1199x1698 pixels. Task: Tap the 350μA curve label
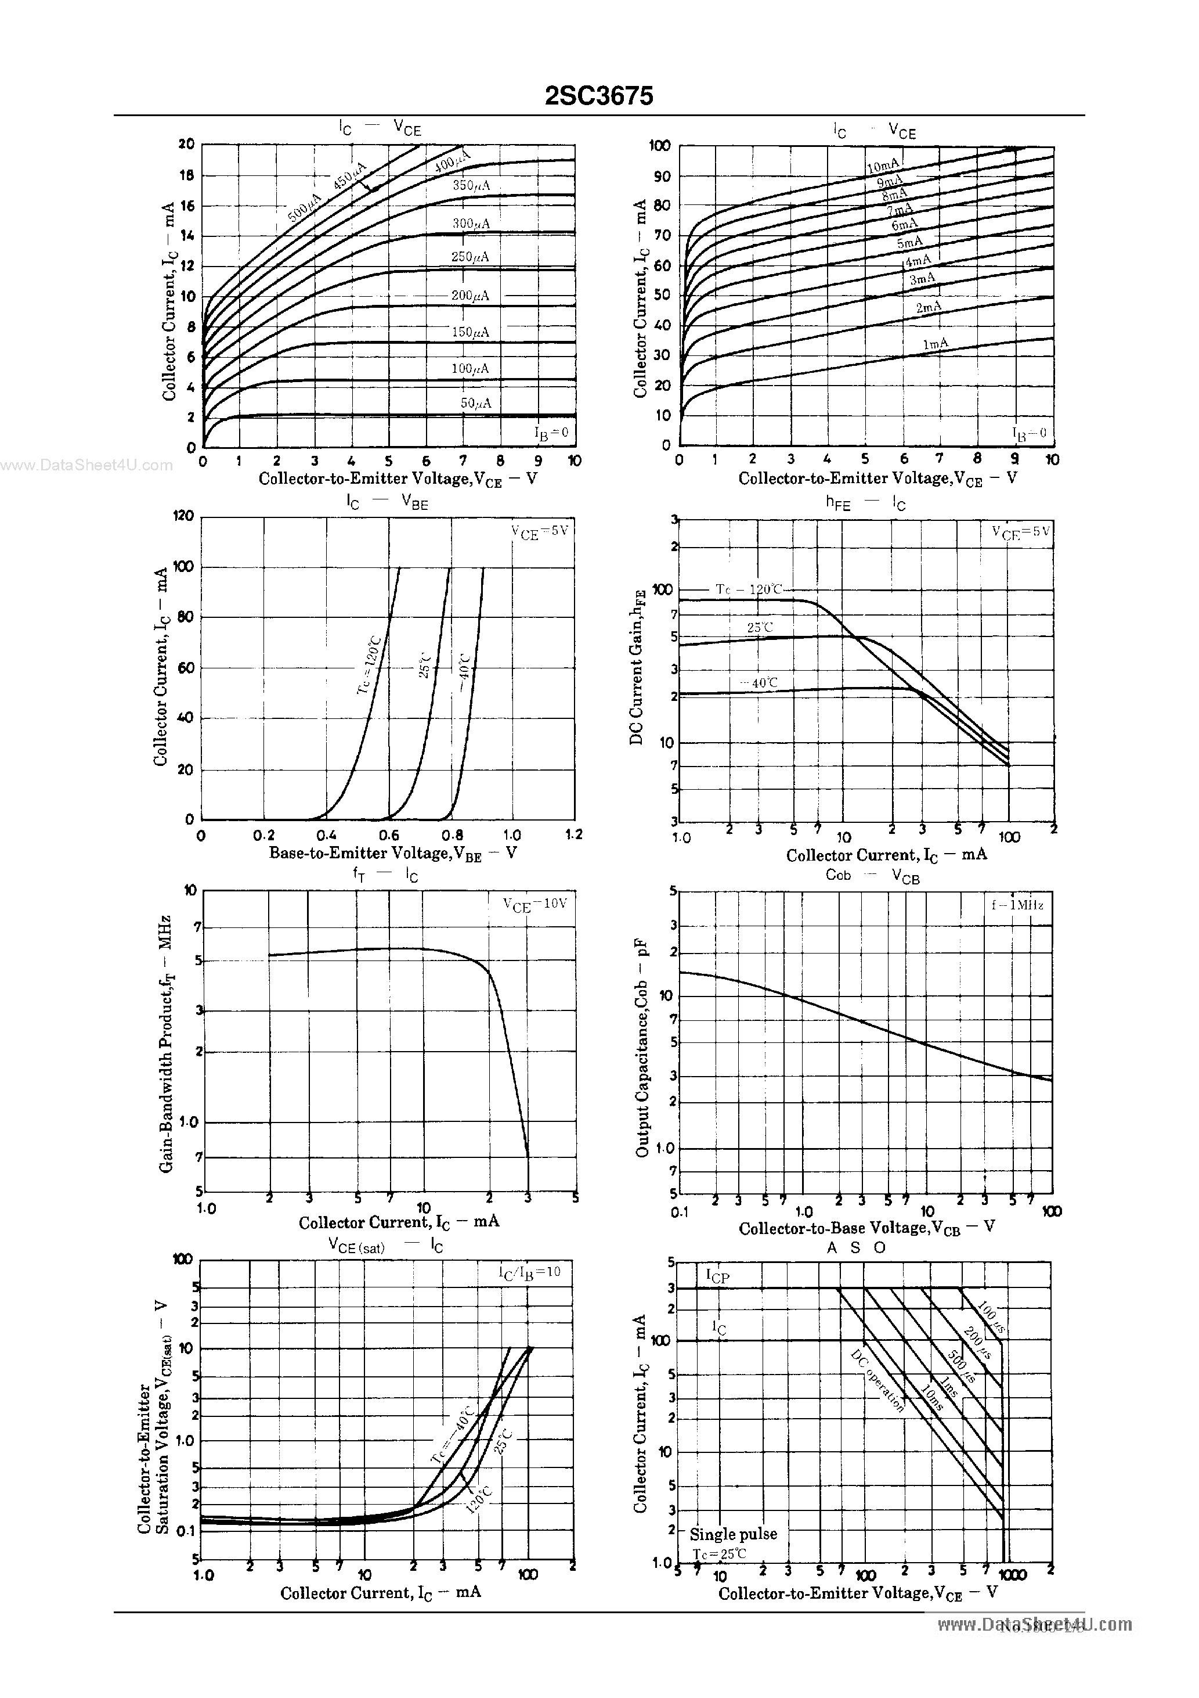click(471, 186)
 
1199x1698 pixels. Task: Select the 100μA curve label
click(470, 368)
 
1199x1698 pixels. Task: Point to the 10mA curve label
click(883, 167)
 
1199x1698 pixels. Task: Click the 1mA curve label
click(935, 344)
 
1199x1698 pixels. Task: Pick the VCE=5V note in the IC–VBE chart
click(540, 532)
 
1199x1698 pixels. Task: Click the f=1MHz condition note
click(1018, 905)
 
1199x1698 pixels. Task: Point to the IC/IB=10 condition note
click(529, 1272)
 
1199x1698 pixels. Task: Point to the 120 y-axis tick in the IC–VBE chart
click(183, 516)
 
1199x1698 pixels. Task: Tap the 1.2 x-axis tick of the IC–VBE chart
click(573, 834)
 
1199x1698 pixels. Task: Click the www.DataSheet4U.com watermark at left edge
click(86, 465)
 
